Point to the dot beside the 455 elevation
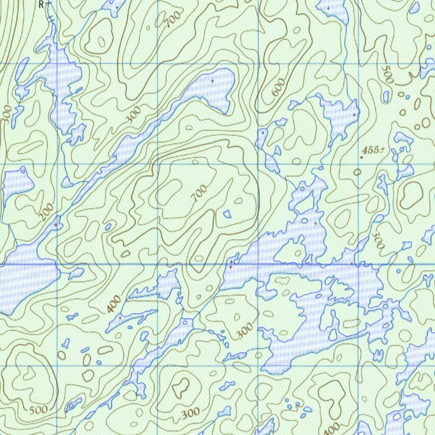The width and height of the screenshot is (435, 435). (x=362, y=158)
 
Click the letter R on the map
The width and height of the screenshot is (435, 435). (x=41, y=4)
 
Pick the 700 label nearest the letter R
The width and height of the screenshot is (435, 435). (x=173, y=19)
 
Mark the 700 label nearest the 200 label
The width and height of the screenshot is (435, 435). (x=199, y=193)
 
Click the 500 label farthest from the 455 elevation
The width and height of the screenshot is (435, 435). (x=38, y=410)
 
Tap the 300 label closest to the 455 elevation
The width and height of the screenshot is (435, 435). (x=378, y=240)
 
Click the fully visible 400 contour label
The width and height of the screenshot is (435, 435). (x=113, y=305)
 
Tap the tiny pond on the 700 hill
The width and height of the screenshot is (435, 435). (x=227, y=214)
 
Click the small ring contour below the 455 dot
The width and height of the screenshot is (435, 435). (x=357, y=172)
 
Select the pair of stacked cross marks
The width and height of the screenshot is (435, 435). (x=231, y=264)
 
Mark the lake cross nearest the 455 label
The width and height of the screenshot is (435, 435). (x=354, y=115)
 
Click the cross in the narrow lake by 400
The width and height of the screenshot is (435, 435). (x=120, y=317)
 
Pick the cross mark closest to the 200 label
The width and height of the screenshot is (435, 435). (x=56, y=224)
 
